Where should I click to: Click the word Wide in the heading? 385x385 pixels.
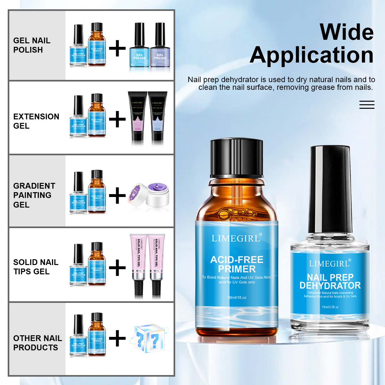coord(346,32)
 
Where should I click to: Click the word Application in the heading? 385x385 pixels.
coord(312,56)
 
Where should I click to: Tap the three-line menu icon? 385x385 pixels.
coord(367,105)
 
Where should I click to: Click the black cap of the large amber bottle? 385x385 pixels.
coord(236,158)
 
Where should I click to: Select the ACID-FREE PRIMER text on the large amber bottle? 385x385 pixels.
coord(237,264)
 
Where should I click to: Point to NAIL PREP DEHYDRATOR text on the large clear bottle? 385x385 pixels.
coord(330,281)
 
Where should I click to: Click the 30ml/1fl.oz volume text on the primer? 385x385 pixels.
coord(237,297)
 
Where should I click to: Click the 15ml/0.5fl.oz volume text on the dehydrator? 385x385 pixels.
coord(330,307)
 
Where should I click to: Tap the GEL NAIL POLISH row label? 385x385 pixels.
coord(32,45)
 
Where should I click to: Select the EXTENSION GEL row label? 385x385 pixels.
coord(36,121)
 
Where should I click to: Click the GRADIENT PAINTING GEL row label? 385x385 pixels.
coord(34,195)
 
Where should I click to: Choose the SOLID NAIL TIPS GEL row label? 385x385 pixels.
coord(36,267)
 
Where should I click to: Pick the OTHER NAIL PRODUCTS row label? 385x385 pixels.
coord(37,343)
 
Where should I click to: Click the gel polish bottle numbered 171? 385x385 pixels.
coord(139,48)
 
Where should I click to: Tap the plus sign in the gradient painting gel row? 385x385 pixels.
coord(117,195)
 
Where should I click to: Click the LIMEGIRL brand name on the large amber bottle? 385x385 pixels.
coord(236,238)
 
